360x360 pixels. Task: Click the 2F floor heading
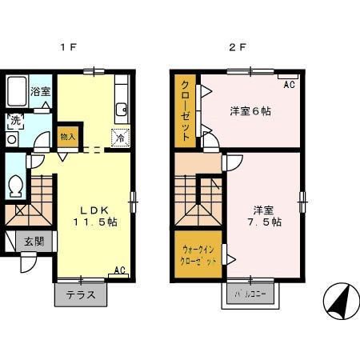238,47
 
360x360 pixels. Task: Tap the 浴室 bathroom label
40,92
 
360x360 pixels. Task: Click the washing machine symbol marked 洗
15,121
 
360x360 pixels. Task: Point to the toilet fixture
15,186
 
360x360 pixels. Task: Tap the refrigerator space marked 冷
120,137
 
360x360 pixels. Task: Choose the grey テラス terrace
81,294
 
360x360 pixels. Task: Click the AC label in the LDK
119,270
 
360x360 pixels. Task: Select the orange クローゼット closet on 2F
185,111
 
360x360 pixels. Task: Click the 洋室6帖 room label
250,111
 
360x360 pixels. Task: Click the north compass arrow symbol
341,303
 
